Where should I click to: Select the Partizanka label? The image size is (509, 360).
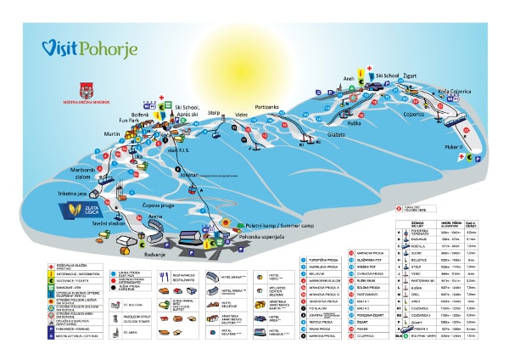(266, 107)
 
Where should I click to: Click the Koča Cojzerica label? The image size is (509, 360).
(455, 91)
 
